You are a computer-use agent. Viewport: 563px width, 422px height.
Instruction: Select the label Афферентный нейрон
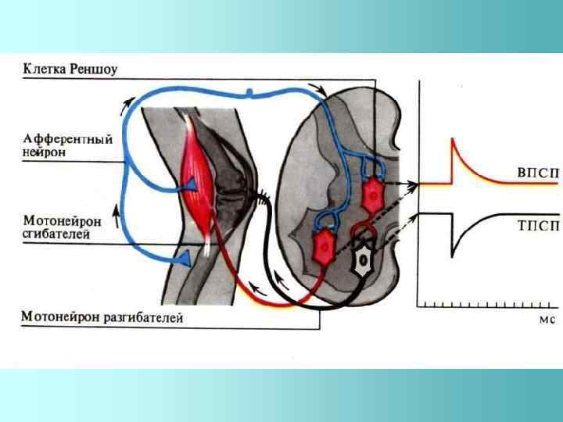click(x=67, y=146)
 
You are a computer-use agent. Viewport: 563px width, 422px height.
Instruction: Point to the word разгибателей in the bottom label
click(x=144, y=317)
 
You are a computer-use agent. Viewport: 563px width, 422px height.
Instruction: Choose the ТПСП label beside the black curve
click(x=538, y=227)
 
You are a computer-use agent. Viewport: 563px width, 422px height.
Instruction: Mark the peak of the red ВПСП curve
click(x=452, y=140)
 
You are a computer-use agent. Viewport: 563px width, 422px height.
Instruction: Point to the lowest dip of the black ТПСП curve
click(x=452, y=256)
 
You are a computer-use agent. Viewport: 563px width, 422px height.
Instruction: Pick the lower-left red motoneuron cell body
click(x=322, y=245)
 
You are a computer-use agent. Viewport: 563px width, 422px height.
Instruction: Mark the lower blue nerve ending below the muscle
click(x=181, y=258)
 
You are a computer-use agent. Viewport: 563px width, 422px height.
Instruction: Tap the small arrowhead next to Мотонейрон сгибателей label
click(x=117, y=209)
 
